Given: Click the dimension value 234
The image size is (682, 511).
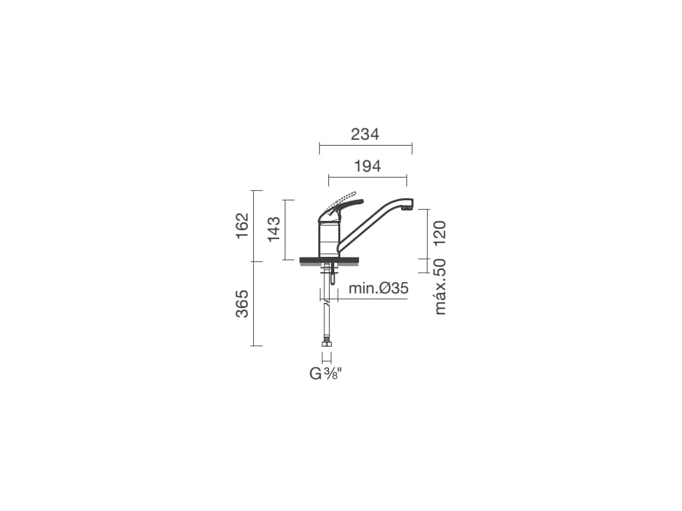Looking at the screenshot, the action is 365,134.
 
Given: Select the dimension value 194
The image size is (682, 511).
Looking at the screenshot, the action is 368,166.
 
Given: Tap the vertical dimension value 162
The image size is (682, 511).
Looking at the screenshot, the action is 242,226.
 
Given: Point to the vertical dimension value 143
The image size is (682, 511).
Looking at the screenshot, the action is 274,230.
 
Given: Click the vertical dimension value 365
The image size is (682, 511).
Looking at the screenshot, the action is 242,303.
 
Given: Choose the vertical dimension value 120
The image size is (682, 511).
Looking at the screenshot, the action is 440,233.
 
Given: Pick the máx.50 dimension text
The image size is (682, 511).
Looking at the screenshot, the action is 440,286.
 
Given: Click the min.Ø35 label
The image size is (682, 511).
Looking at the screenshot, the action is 378,288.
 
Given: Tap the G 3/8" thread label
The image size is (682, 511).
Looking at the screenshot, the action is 326,373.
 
